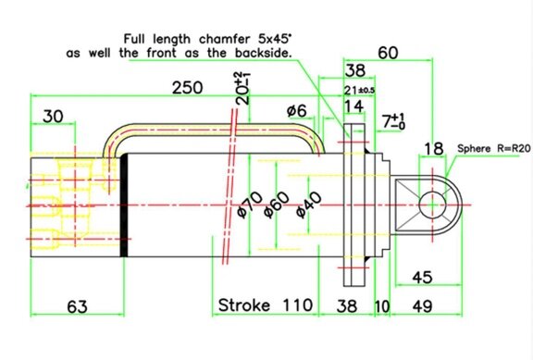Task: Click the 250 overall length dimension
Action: (x=187, y=88)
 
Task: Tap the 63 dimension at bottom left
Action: (x=77, y=306)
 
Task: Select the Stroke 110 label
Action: (x=266, y=304)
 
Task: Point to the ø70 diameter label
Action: (x=250, y=205)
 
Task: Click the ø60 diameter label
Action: (x=277, y=205)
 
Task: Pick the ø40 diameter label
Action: (x=309, y=205)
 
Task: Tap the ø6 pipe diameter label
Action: (x=296, y=111)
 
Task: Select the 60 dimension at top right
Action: (x=388, y=53)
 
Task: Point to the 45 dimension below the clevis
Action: (x=422, y=278)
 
